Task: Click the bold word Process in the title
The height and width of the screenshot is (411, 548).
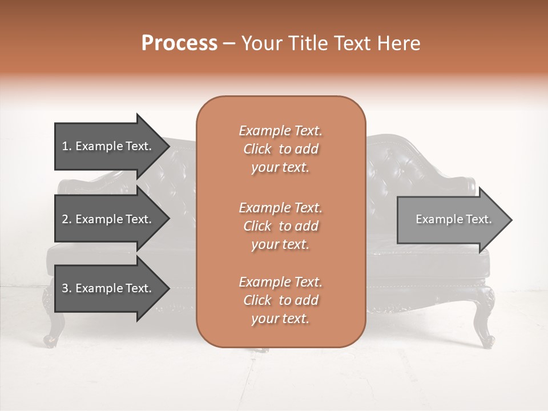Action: tap(179, 43)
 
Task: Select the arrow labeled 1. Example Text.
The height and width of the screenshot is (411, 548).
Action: tap(108, 146)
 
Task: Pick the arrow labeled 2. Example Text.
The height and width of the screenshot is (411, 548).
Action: tap(108, 219)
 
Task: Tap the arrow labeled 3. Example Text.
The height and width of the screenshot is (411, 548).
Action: tap(108, 288)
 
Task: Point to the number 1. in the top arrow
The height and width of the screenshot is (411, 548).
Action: tap(67, 146)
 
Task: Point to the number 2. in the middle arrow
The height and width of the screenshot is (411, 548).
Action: tap(67, 219)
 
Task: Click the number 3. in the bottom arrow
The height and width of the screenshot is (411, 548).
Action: tap(67, 288)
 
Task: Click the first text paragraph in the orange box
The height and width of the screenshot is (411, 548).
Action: tap(280, 149)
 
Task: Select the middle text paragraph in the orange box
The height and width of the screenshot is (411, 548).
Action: tap(280, 226)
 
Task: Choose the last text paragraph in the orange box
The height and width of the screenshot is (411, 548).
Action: tap(280, 300)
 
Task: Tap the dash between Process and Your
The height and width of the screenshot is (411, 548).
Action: tap(229, 44)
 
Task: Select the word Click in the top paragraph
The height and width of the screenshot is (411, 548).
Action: tap(257, 149)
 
